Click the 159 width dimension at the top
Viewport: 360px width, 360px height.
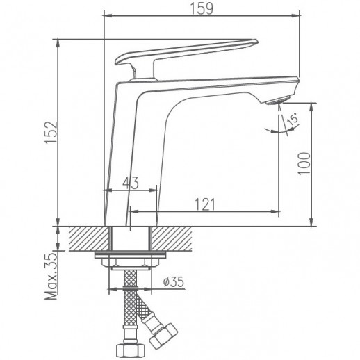(202, 9)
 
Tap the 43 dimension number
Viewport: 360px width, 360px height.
(130, 183)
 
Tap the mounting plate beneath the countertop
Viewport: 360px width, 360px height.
(129, 257)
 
